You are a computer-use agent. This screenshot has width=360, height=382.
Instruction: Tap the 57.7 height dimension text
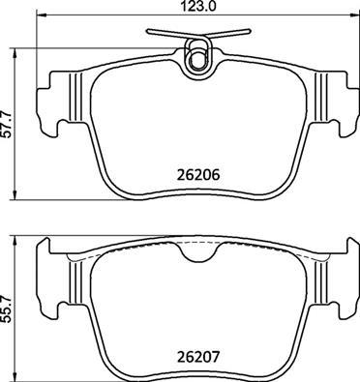tap(7, 124)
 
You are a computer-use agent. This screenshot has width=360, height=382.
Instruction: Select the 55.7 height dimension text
tap(7, 309)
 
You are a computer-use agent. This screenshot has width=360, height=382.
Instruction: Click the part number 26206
tap(198, 175)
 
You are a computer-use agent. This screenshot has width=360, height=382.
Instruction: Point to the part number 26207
tap(198, 357)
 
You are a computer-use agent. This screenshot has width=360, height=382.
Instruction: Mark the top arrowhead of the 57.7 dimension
tap(15, 53)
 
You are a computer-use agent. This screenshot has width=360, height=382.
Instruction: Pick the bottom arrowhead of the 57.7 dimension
tap(15, 194)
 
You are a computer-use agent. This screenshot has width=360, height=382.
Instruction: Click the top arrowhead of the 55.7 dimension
tap(15, 241)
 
